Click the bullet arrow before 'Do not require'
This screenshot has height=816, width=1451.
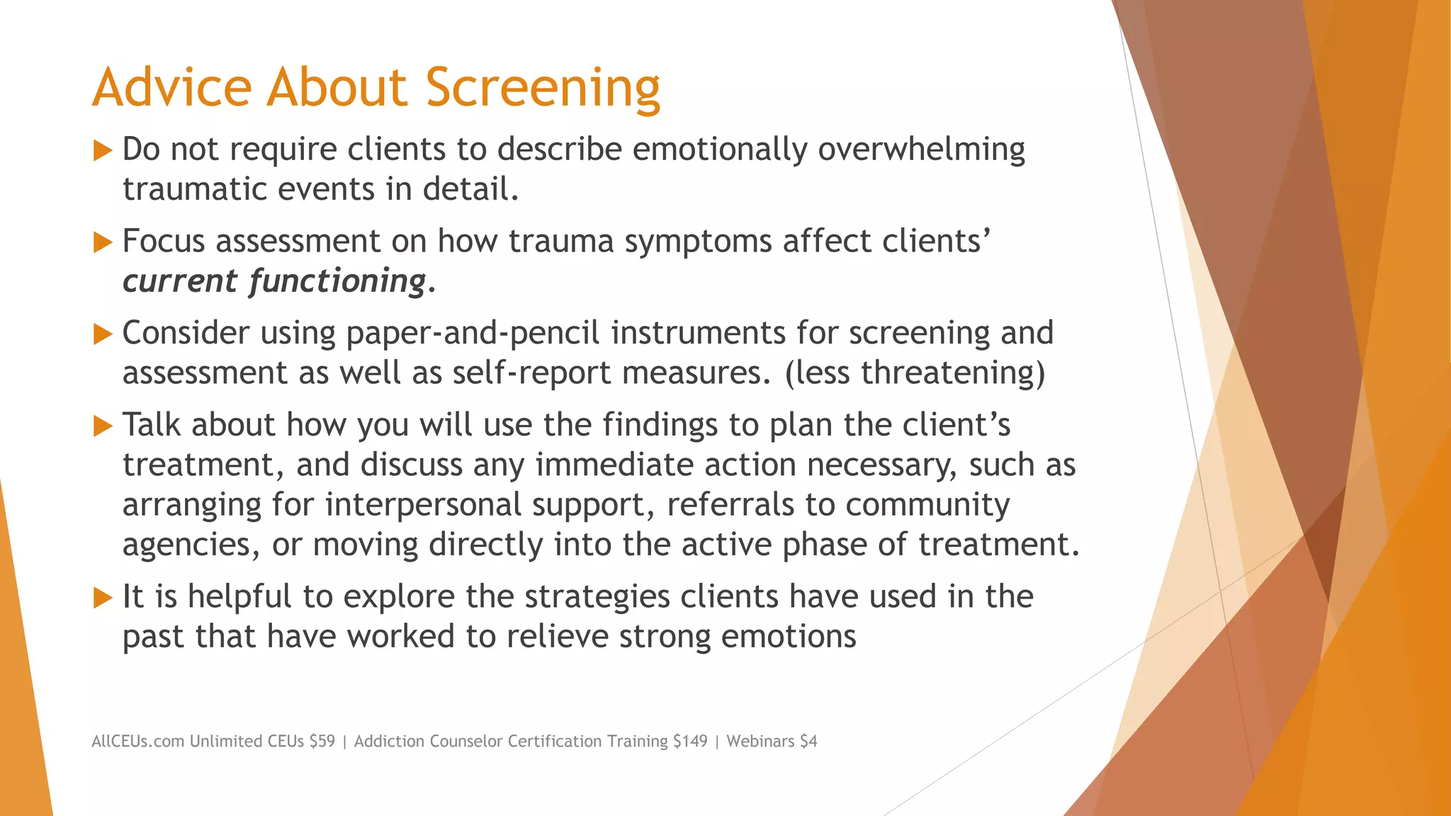(103, 150)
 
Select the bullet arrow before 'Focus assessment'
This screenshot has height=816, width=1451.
(103, 242)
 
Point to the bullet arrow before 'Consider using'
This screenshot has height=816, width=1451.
(103, 334)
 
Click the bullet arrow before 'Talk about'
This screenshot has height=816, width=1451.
(103, 426)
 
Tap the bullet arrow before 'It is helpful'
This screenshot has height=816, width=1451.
(103, 598)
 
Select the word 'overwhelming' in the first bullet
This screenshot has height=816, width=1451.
(921, 150)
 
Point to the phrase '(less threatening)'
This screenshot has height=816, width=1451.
(915, 373)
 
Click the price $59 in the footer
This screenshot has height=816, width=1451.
(322, 742)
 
